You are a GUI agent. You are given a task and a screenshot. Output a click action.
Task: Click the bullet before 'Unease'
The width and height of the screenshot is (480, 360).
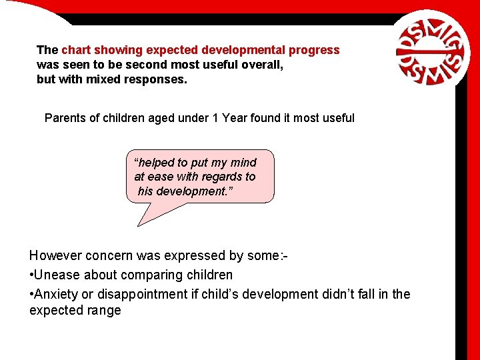[x=31, y=275]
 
